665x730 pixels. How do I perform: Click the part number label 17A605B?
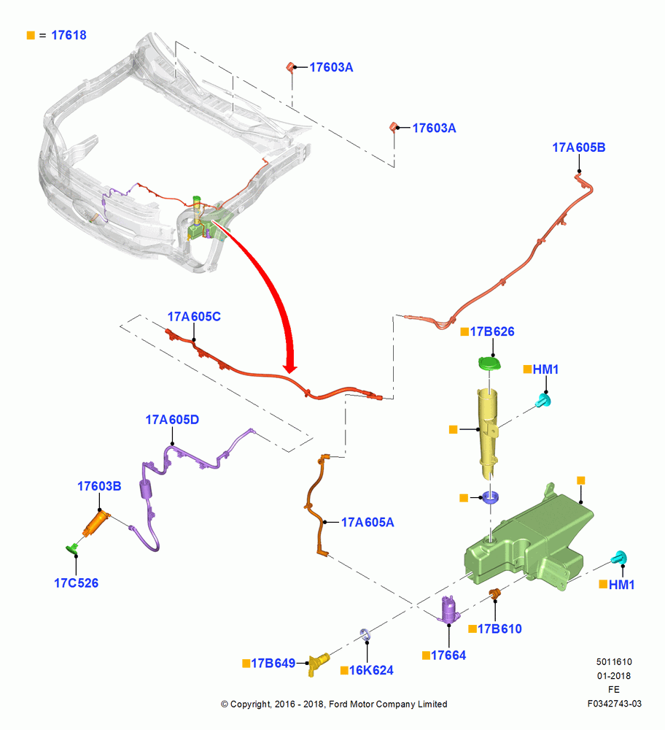[578, 147]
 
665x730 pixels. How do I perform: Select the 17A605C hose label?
[194, 317]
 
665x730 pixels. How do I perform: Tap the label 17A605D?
[172, 420]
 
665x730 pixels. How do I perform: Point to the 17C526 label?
[77, 583]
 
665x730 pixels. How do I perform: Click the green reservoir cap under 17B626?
[490, 363]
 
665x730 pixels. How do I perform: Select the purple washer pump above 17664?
[450, 610]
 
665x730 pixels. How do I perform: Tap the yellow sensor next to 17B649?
[319, 663]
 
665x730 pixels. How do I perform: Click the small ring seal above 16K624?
[365, 634]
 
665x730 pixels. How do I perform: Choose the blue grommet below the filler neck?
[490, 497]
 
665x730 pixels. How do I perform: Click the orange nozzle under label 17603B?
[96, 523]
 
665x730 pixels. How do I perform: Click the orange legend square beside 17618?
[31, 35]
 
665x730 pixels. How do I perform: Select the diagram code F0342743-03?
[614, 704]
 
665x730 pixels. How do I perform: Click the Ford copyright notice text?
[334, 704]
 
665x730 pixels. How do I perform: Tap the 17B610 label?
[499, 629]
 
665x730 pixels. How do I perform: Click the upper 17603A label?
[331, 67]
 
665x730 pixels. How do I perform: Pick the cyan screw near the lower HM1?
[619, 557]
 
